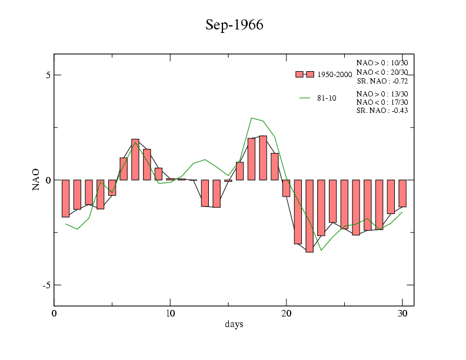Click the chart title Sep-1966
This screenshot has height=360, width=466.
tap(234, 25)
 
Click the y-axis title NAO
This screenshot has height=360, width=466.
tap(36, 179)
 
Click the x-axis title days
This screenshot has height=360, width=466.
tap(234, 324)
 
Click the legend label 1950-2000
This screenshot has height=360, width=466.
tap(334, 75)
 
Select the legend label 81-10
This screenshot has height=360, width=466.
tap(327, 98)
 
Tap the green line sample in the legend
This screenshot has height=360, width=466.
tap(305, 98)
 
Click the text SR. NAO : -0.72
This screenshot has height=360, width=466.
tap(382, 81)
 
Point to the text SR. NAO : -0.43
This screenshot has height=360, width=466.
tap(382, 111)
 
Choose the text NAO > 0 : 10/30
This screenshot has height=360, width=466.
tap(382, 62)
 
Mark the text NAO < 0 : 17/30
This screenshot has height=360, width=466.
tap(382, 102)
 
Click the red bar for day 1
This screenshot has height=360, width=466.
tap(66, 198)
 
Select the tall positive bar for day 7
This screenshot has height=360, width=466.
tap(135, 159)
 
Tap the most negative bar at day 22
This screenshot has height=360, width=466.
tap(309, 215)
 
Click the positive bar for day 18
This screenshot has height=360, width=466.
tap(263, 158)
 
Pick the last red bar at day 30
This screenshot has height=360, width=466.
tap(402, 193)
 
